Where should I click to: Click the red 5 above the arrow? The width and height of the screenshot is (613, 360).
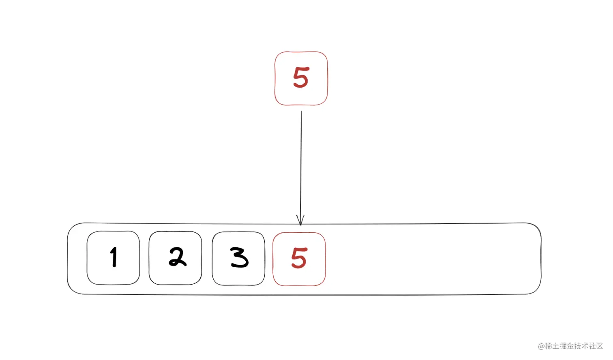click(301, 78)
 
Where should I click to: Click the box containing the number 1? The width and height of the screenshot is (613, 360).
click(113, 258)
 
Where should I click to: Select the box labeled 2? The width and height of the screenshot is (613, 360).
click(175, 258)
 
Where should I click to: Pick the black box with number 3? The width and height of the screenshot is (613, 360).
click(238, 258)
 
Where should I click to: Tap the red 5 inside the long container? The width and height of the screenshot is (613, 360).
click(299, 259)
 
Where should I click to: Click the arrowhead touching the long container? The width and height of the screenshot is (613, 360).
click(300, 221)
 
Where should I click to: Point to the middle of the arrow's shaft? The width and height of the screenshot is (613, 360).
click(301, 166)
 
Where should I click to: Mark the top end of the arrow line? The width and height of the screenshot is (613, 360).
click(301, 111)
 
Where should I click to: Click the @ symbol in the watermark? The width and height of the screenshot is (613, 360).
click(541, 346)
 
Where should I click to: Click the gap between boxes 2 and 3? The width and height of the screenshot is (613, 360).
click(207, 258)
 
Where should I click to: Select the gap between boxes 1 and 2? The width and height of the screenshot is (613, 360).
click(144, 258)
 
